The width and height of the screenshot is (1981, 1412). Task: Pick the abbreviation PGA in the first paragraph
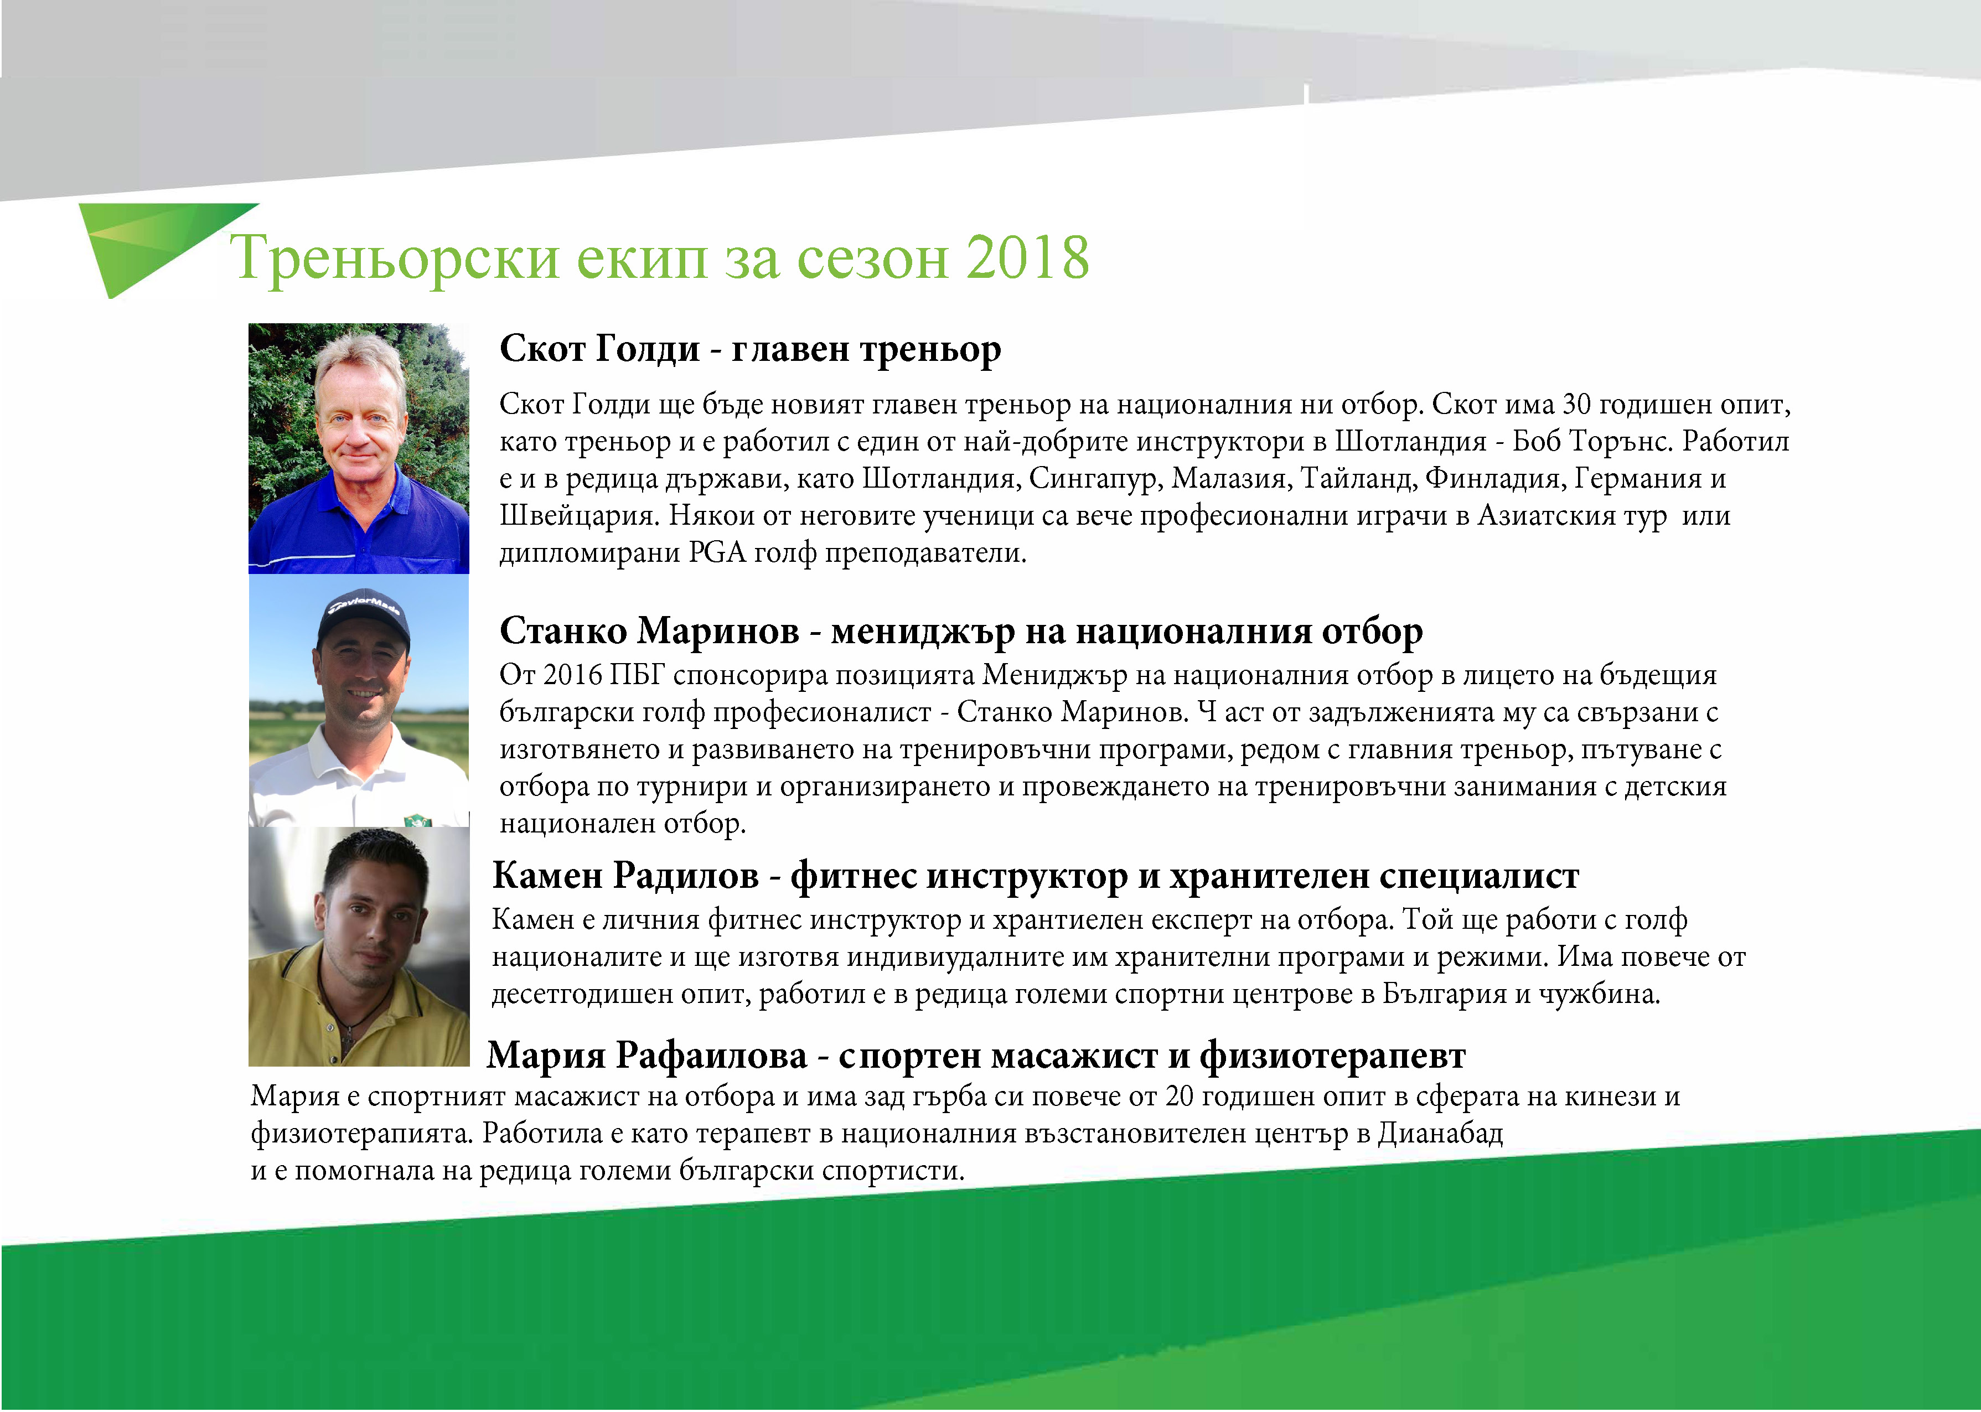[717, 553]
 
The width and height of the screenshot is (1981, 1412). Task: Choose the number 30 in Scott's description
[1577, 404]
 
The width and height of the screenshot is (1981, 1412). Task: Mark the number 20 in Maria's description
[1178, 1097]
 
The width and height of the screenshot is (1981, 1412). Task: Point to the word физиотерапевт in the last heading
[1332, 1057]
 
